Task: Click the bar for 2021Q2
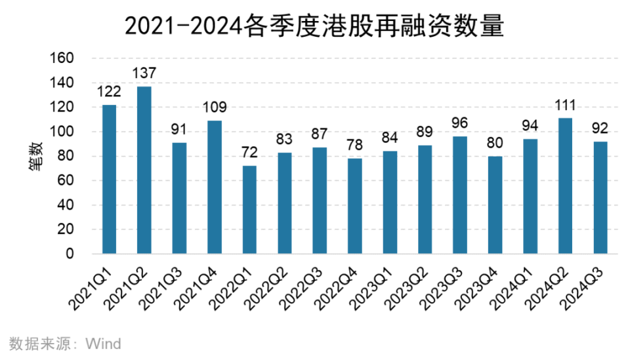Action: tap(144, 170)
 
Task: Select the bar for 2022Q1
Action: tap(249, 210)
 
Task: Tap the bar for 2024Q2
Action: tap(565, 186)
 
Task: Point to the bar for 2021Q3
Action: tap(179, 198)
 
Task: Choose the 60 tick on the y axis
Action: tap(66, 181)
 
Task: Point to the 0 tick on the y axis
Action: tap(70, 254)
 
